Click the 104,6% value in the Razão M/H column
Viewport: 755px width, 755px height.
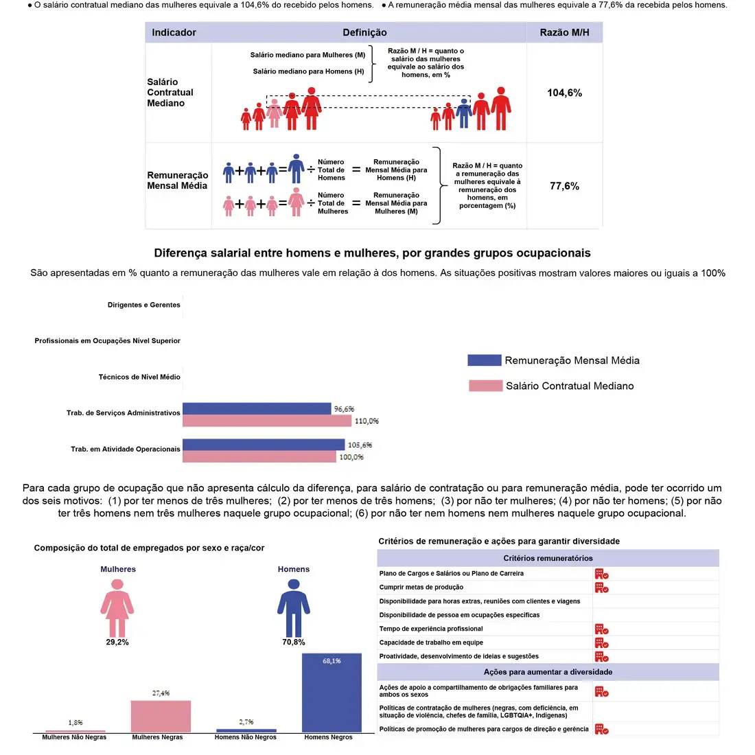point(564,93)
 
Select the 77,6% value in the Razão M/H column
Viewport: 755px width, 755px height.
point(564,186)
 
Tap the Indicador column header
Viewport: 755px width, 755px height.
point(174,32)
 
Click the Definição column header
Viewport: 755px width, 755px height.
point(364,32)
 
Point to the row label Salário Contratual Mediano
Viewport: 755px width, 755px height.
point(170,93)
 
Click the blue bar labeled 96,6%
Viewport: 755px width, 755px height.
point(257,409)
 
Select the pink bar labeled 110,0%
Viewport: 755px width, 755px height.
point(267,421)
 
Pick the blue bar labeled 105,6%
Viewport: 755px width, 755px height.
point(264,445)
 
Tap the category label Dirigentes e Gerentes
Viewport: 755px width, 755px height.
point(143,305)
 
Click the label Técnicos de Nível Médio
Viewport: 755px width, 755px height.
point(139,377)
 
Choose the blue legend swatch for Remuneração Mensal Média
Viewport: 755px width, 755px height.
point(485,360)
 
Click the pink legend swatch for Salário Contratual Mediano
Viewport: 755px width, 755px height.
point(485,386)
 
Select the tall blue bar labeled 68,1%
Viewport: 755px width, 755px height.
point(332,693)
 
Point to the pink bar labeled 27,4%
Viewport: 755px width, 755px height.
point(161,716)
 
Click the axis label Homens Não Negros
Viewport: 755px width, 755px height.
point(245,737)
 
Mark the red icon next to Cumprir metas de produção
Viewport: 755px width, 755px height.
point(601,588)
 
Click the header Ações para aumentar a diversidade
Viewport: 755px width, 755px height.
point(548,672)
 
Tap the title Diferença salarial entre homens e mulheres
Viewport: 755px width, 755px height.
point(372,253)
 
